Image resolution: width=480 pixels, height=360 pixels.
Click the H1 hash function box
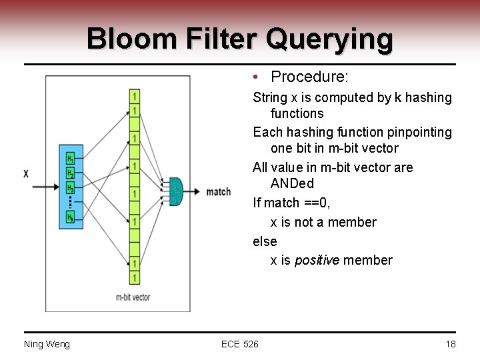click(70, 159)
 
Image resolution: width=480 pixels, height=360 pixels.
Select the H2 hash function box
click(70, 173)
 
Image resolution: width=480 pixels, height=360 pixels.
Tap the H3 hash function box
click(70, 187)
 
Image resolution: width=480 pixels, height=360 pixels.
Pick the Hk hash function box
click(70, 217)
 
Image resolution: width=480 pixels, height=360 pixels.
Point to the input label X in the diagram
click(26, 174)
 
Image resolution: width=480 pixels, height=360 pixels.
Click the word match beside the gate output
click(219, 192)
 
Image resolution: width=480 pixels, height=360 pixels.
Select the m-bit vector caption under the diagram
click(133, 297)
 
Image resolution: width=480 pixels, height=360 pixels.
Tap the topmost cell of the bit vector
click(135, 97)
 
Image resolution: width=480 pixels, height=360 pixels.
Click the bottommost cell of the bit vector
click(135, 277)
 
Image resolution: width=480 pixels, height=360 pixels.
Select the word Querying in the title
click(329, 39)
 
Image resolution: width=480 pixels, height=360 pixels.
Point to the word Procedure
click(309, 77)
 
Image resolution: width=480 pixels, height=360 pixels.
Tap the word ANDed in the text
click(292, 183)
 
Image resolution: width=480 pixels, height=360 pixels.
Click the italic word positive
click(317, 260)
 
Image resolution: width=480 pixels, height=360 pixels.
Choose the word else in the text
click(265, 241)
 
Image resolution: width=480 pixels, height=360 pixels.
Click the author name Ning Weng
click(47, 344)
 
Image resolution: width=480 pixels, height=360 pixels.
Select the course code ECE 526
click(240, 344)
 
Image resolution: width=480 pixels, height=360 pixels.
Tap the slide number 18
click(450, 344)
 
